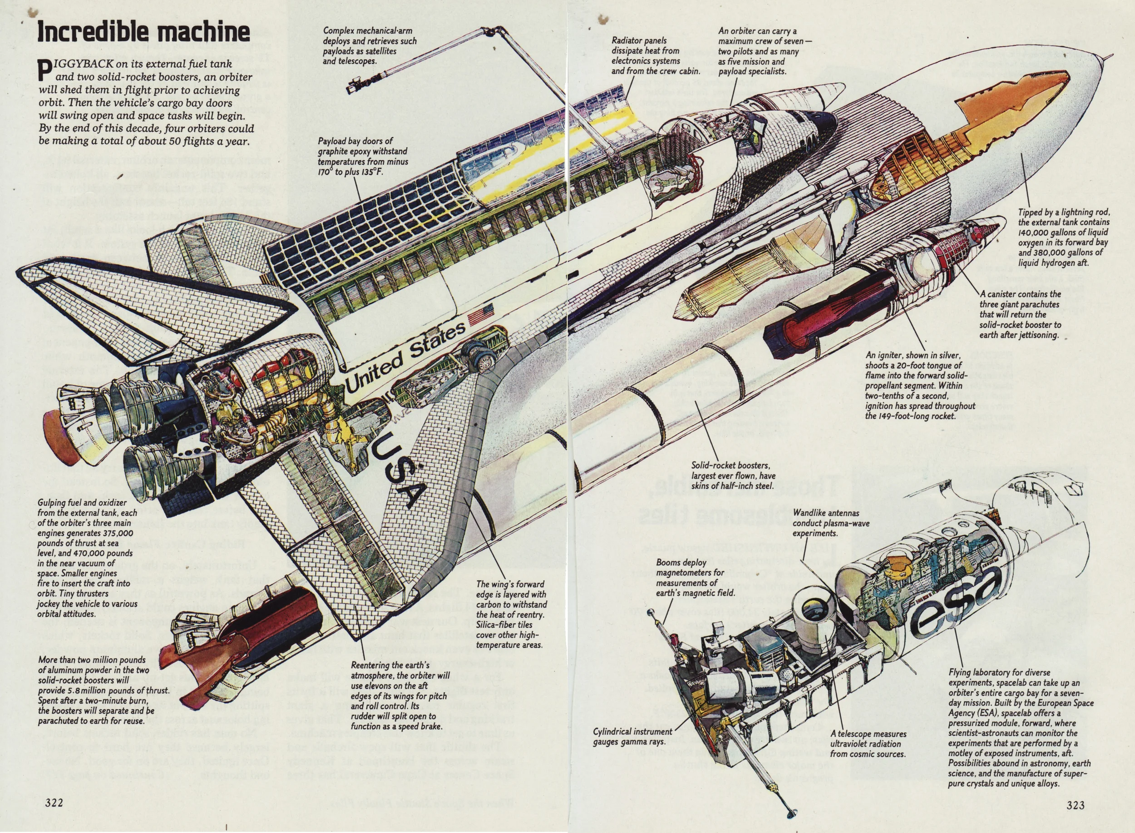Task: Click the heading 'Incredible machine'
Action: tap(143, 32)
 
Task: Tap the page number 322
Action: tap(54, 802)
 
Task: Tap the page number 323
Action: tap(1075, 805)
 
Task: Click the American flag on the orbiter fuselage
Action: tap(481, 314)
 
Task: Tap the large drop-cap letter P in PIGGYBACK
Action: tap(45, 69)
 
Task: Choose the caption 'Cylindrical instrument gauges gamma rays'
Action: tap(632, 736)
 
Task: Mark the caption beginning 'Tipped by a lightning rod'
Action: tap(1063, 238)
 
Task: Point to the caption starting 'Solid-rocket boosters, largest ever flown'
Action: tap(733, 476)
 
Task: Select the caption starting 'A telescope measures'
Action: tap(868, 744)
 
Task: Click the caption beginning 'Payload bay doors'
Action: tap(362, 156)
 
